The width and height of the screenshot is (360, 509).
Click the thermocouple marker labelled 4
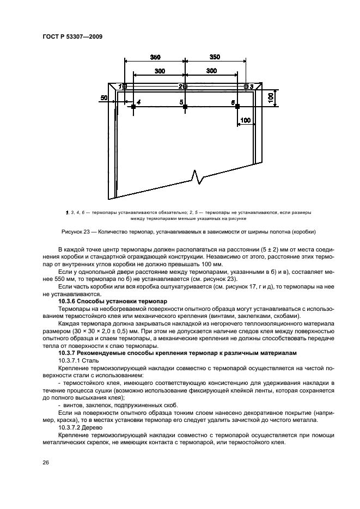coord(133,107)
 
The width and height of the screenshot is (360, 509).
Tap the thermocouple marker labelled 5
coord(185,107)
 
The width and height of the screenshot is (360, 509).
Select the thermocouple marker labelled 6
coord(237,107)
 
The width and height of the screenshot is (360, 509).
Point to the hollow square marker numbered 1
coord(125,86)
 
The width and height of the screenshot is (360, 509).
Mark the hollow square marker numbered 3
coord(247,86)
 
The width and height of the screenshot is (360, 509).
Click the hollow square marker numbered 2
coord(185,86)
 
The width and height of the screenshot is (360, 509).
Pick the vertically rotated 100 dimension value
coord(271,97)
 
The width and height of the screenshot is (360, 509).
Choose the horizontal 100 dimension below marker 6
coord(246,120)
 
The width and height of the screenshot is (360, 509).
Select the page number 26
coord(45,462)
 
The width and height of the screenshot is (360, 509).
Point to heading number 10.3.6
coord(69,301)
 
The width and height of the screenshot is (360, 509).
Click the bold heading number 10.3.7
coord(69,353)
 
